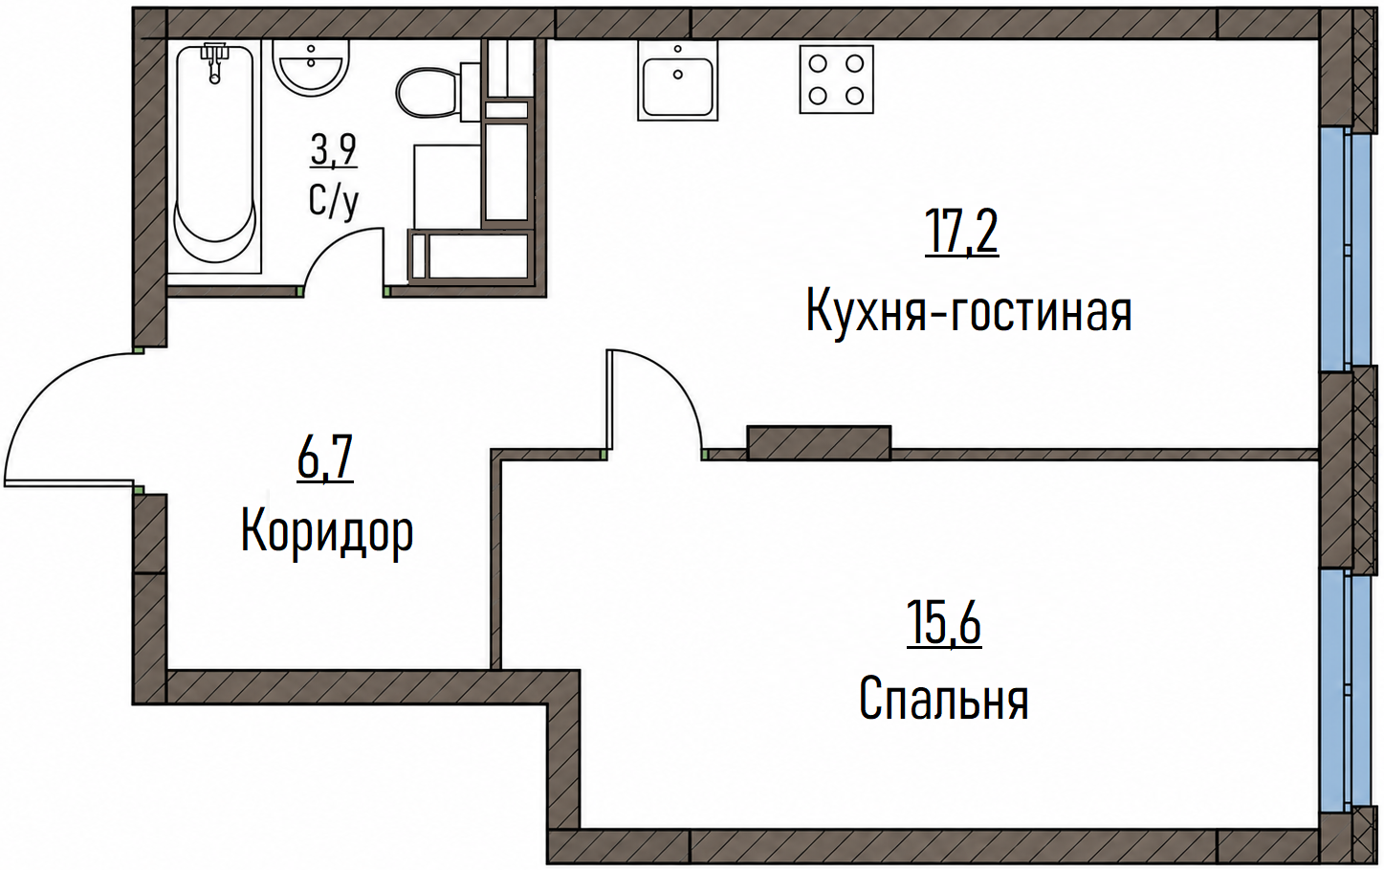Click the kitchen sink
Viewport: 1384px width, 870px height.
tap(678, 79)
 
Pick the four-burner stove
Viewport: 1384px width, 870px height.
tap(837, 79)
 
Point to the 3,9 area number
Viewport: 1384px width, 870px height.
tap(334, 150)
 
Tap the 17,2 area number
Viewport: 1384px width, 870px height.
tap(961, 232)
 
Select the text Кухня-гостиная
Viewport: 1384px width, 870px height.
tap(969, 312)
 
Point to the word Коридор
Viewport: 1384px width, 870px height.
tap(327, 532)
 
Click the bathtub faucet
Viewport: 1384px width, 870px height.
tap(214, 62)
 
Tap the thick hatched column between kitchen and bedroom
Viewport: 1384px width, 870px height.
tap(819, 443)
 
